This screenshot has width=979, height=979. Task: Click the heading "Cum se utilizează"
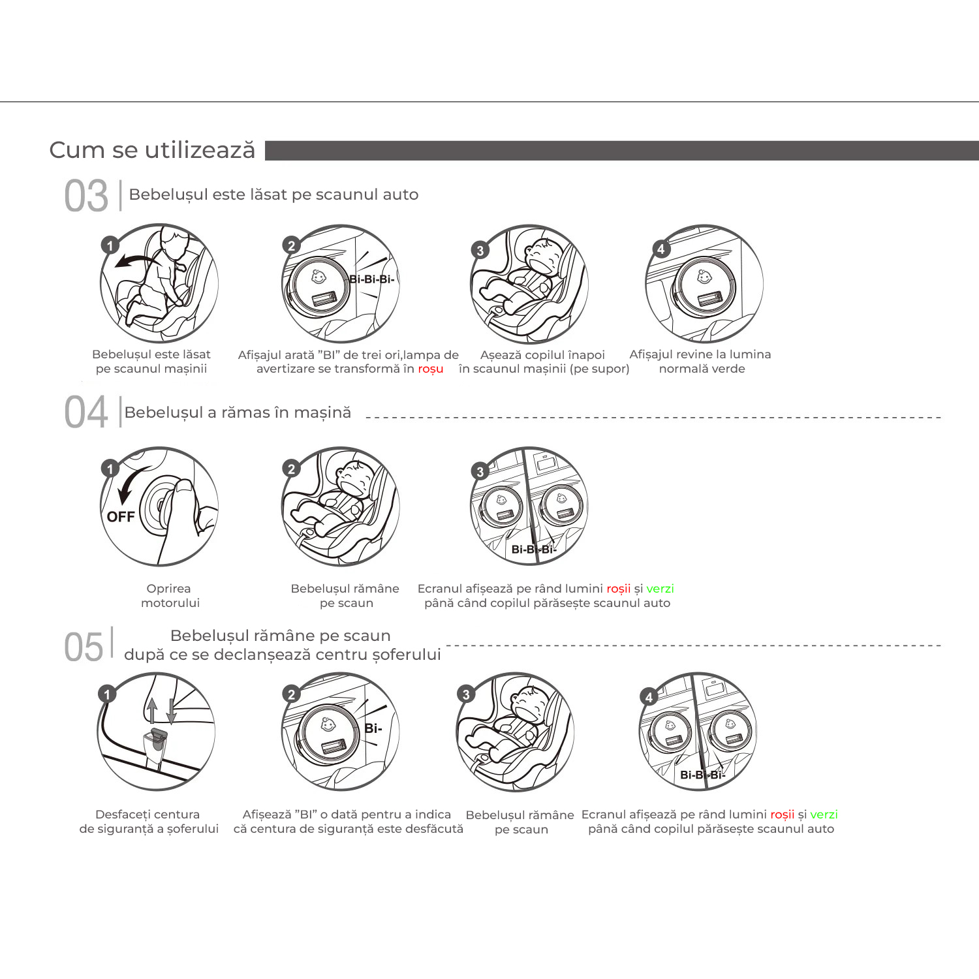pyautogui.click(x=152, y=150)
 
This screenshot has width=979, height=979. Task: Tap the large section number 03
pyautogui.click(x=86, y=196)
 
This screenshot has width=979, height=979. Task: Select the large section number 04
pyautogui.click(x=86, y=412)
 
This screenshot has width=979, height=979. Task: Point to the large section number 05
pyautogui.click(x=84, y=647)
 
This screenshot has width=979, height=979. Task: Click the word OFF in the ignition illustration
pyautogui.click(x=121, y=517)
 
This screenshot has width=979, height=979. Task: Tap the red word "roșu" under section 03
pyautogui.click(x=431, y=369)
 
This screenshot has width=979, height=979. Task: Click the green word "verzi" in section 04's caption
pyautogui.click(x=660, y=589)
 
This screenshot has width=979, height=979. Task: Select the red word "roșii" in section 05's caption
pyautogui.click(x=782, y=815)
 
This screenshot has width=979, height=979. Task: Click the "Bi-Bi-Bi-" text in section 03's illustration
pyautogui.click(x=371, y=279)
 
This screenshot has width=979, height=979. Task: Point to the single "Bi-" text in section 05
pyautogui.click(x=373, y=728)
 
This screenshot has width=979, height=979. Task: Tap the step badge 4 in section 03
pyautogui.click(x=661, y=249)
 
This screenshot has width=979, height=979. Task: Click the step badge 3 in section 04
pyautogui.click(x=480, y=471)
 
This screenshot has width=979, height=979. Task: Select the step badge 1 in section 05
pyautogui.click(x=107, y=694)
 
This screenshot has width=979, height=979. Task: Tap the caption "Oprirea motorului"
pyautogui.click(x=170, y=596)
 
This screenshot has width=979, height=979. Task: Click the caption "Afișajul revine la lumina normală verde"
pyautogui.click(x=700, y=362)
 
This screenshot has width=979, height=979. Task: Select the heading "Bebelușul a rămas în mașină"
pyautogui.click(x=238, y=412)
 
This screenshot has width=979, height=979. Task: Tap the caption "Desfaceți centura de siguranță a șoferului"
pyautogui.click(x=149, y=822)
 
